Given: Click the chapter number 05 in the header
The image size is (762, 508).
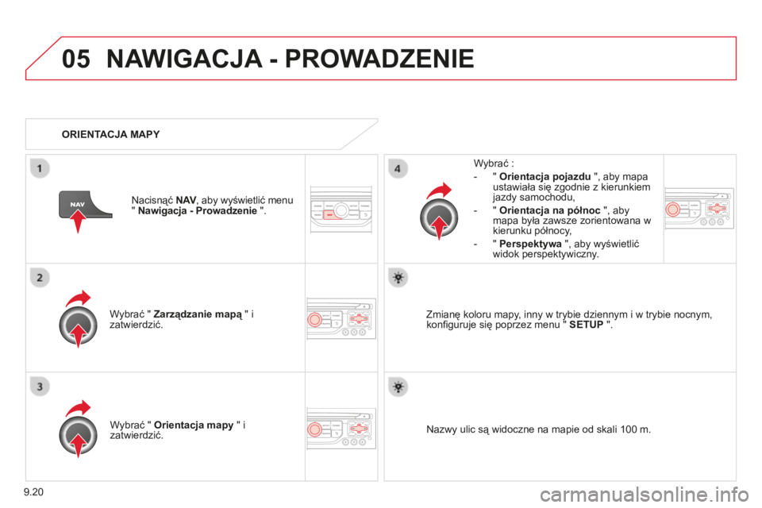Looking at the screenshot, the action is pyautogui.click(x=76, y=59).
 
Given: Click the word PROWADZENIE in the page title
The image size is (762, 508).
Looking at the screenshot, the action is pyautogui.click(x=379, y=59).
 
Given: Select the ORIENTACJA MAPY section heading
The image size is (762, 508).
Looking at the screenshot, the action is pyautogui.click(x=111, y=134).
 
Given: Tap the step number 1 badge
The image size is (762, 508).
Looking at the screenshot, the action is pyautogui.click(x=40, y=169).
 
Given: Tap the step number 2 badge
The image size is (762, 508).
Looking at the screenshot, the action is pyautogui.click(x=40, y=278).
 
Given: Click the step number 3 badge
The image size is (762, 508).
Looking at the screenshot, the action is pyautogui.click(x=40, y=387).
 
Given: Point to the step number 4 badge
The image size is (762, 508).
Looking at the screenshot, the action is pyautogui.click(x=398, y=169).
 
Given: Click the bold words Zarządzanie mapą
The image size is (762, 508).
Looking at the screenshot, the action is pyautogui.click(x=198, y=314).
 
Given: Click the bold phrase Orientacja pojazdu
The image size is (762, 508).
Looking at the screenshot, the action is pyautogui.click(x=545, y=176).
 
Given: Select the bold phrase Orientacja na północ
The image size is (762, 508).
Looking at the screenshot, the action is pyautogui.click(x=549, y=210).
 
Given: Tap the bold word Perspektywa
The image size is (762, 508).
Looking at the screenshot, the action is pyautogui.click(x=530, y=244).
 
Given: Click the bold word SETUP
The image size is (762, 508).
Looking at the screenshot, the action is pyautogui.click(x=586, y=325).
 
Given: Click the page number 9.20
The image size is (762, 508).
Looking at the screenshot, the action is pyautogui.click(x=33, y=492).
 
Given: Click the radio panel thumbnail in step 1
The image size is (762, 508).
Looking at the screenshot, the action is pyautogui.click(x=341, y=210).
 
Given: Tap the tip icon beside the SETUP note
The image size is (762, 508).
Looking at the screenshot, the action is pyautogui.click(x=398, y=278).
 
